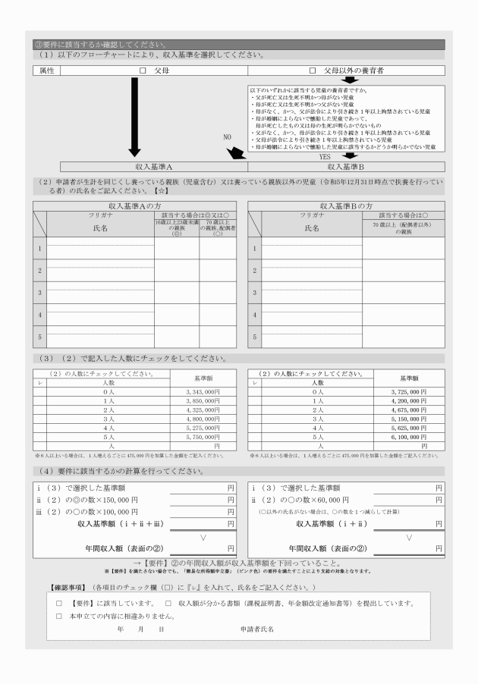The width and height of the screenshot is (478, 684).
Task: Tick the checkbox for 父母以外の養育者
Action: tap(312, 71)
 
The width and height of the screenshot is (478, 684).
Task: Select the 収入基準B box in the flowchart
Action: tap(347, 166)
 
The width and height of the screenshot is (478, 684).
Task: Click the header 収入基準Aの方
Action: tap(134, 206)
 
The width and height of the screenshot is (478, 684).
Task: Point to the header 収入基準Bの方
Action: tap(346, 206)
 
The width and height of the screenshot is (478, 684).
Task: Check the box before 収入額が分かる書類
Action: tap(167, 604)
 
